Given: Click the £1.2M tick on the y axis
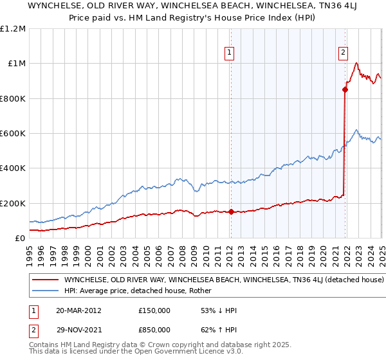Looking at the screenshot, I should click(13, 29).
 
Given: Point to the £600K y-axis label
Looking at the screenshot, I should click(13, 134).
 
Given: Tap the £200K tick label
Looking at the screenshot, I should click(13, 203).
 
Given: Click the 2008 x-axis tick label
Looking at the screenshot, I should click(183, 250).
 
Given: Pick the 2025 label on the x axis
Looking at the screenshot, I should click(381, 250).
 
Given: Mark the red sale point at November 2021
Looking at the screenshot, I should click(345, 90).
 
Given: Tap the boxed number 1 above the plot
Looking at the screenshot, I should click(230, 53).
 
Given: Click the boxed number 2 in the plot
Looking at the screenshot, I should click(344, 53).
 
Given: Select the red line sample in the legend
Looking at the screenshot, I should click(45, 280).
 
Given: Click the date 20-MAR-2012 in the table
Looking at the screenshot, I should click(79, 310).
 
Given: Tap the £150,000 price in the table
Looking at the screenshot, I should click(154, 310).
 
